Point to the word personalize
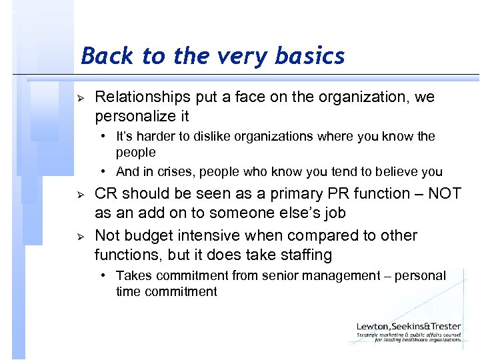point(133,116)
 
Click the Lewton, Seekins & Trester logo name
point(409,327)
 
